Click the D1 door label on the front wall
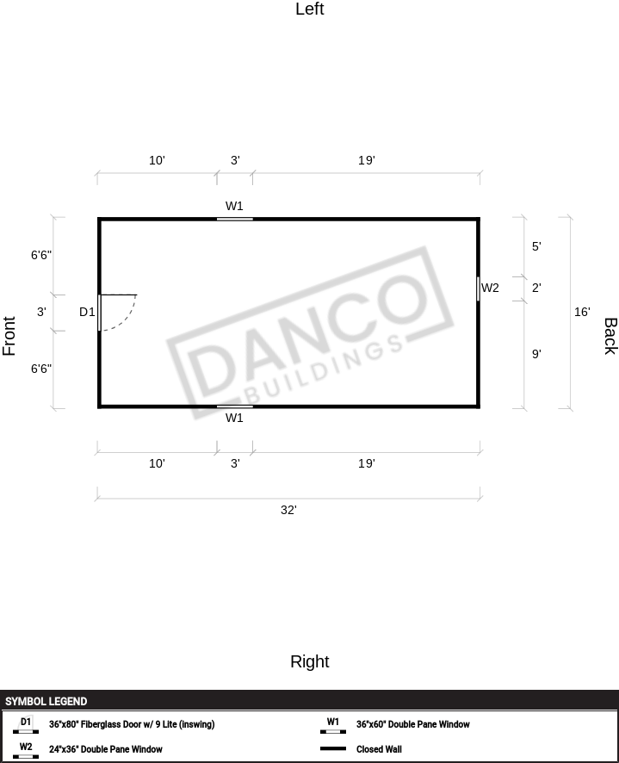(x=87, y=312)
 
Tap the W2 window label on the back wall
(x=490, y=288)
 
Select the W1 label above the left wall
(x=234, y=206)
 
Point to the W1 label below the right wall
(x=234, y=418)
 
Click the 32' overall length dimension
(x=288, y=510)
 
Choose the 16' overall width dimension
(x=582, y=312)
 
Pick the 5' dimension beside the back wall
(x=536, y=246)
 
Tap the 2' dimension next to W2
(x=536, y=288)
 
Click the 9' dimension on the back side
(x=536, y=354)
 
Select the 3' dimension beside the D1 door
(x=42, y=312)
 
